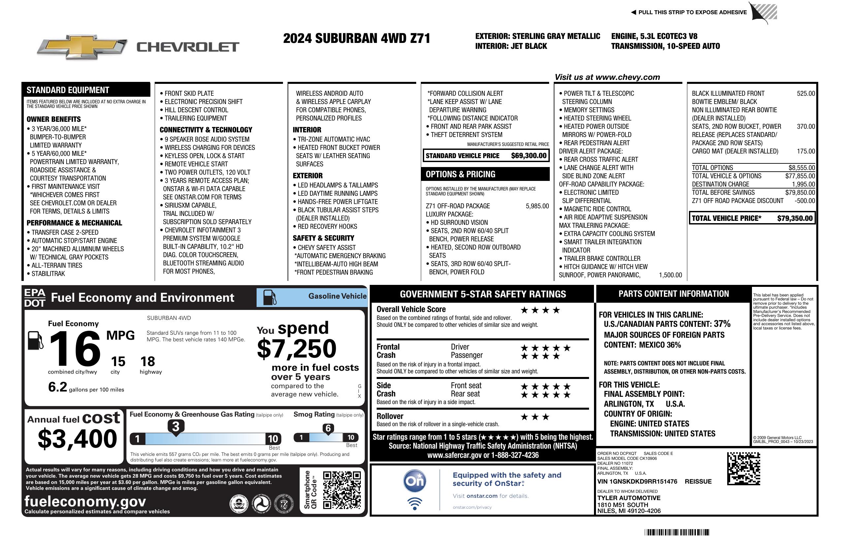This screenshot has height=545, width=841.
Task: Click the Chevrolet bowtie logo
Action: click(82, 47)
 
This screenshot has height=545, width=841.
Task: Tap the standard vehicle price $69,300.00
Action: click(529, 155)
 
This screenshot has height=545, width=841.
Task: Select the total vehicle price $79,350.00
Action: click(795, 218)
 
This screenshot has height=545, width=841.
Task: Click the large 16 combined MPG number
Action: click(75, 349)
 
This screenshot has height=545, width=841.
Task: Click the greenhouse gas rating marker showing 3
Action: click(175, 426)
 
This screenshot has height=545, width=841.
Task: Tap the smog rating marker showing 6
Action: click(328, 428)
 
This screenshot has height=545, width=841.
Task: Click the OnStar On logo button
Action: click(415, 481)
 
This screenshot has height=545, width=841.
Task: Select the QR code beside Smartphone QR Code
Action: click(342, 490)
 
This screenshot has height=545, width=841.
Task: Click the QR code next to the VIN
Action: click(743, 468)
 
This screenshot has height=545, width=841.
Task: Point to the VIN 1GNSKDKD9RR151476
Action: click(637, 481)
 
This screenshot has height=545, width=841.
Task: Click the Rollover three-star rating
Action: click(535, 417)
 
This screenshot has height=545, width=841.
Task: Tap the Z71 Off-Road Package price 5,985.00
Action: click(537, 206)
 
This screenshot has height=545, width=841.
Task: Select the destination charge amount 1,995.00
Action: click(803, 184)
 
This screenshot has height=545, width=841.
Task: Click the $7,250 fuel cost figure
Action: click(296, 349)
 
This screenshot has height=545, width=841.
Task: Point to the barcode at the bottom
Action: click(677, 532)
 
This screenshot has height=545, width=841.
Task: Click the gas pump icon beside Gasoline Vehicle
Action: click(270, 297)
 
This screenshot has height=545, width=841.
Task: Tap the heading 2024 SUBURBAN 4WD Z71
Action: click(357, 38)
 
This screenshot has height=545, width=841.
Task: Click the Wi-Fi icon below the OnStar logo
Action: click(415, 503)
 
